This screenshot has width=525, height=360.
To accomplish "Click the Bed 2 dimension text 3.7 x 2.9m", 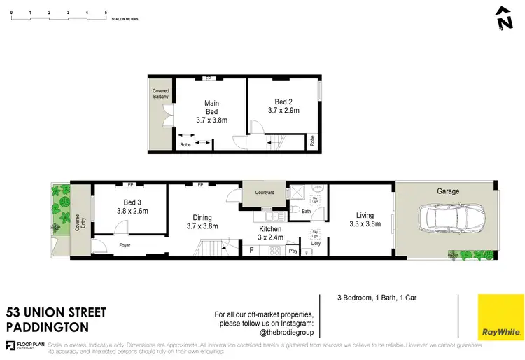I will (x=283, y=110).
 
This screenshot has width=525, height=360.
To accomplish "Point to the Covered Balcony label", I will (x=161, y=94).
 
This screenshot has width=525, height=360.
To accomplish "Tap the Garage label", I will (x=448, y=191).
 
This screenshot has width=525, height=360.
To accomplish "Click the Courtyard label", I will (x=263, y=192).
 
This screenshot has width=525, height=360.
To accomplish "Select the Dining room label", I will (x=202, y=216).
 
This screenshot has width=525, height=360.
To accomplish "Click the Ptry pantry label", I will (x=292, y=251).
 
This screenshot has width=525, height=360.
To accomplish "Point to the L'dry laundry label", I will (x=315, y=243).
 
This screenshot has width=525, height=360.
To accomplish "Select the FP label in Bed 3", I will (x=129, y=185).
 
